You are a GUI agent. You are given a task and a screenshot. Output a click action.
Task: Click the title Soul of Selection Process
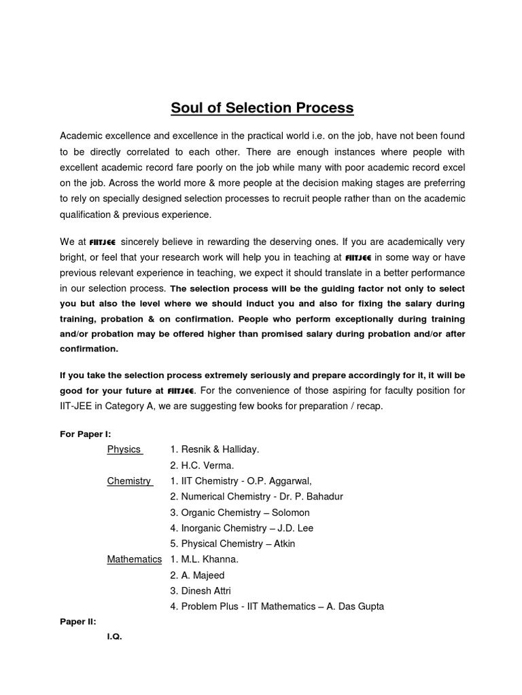click(x=262, y=108)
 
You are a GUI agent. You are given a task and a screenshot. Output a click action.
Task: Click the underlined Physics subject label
click(x=124, y=449)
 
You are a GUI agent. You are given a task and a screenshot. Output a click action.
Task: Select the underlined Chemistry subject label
click(x=129, y=481)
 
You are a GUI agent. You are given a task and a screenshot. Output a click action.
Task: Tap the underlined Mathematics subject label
click(x=135, y=559)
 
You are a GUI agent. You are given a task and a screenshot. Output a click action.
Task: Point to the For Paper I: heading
click(x=85, y=433)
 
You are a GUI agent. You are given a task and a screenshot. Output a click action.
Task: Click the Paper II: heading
click(x=78, y=621)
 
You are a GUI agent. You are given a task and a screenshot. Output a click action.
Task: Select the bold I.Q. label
click(x=114, y=637)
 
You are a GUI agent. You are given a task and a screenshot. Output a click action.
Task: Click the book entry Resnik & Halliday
click(x=214, y=449)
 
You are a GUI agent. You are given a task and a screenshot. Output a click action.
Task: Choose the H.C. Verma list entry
click(x=202, y=465)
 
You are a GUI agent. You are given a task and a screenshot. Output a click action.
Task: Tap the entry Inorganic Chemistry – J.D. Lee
click(x=241, y=528)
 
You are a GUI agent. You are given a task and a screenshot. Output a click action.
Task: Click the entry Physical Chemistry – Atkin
click(x=232, y=544)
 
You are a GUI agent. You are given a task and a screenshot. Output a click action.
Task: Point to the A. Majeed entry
click(x=197, y=575)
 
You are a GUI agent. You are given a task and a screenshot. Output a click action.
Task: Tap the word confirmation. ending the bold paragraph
click(x=89, y=349)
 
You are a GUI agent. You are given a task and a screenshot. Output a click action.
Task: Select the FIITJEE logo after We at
click(x=101, y=242)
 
